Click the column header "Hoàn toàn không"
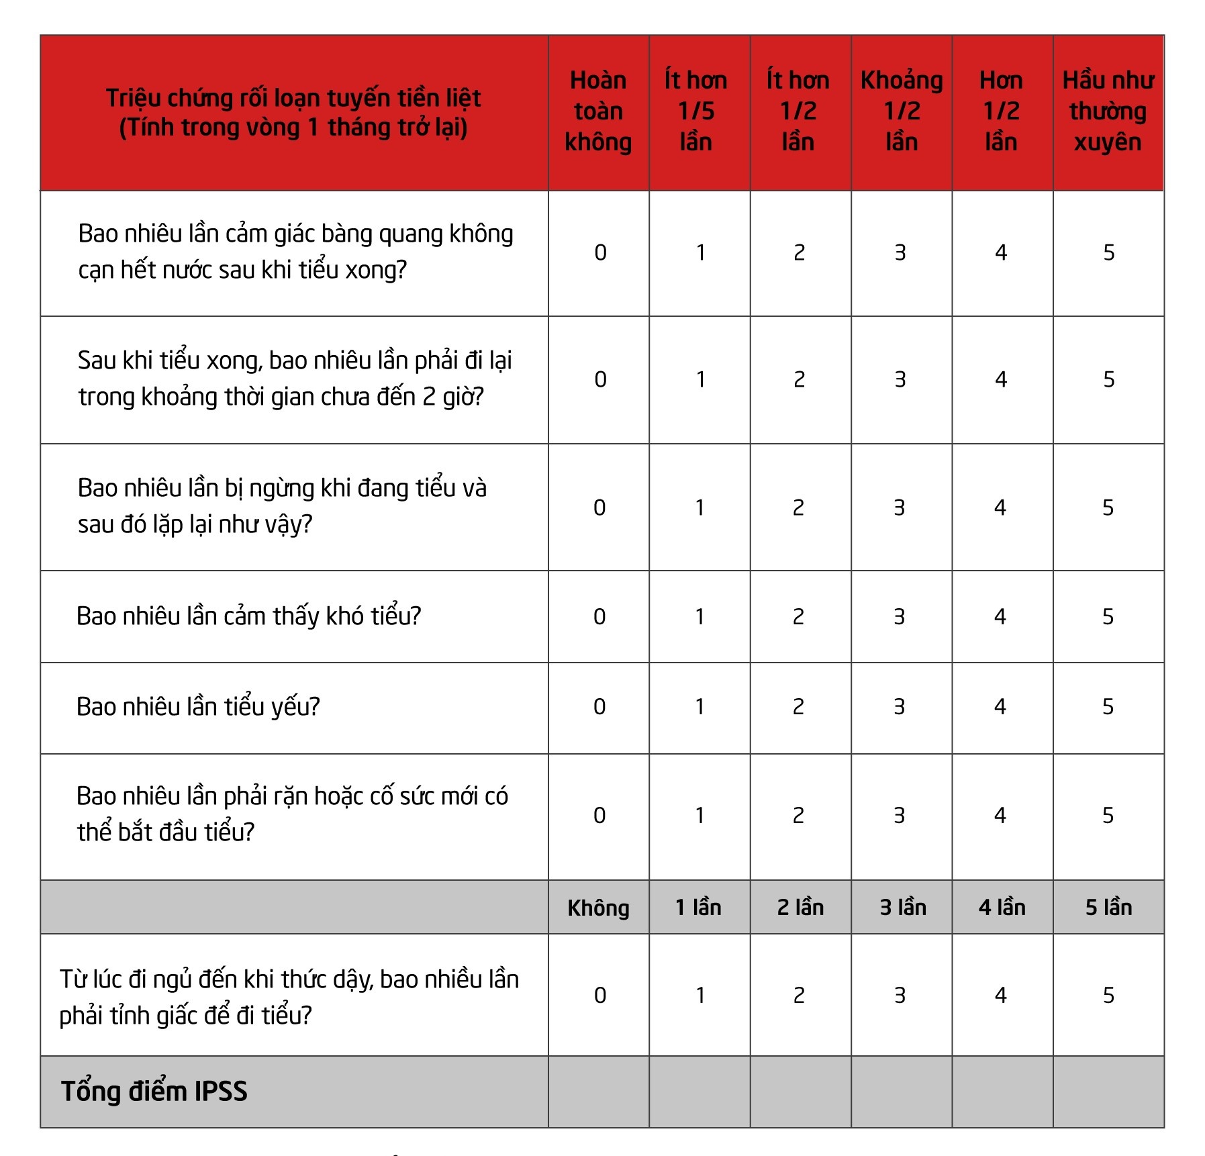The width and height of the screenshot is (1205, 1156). pos(598,111)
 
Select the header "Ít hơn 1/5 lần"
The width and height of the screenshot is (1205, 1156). pos(696,111)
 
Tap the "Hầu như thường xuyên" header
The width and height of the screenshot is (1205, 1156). pos(1108,111)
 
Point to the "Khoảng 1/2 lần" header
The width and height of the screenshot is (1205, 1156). pos(902,111)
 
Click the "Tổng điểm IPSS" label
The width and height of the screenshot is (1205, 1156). pos(154,1092)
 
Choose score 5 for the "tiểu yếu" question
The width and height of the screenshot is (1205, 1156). pos(1108,707)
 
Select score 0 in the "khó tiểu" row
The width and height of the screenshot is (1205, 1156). pos(599,617)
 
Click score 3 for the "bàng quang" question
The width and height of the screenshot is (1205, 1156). pos(900,253)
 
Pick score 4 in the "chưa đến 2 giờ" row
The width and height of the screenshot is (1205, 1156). pos(1001,380)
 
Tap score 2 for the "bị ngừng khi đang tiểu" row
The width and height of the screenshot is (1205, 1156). pos(798,508)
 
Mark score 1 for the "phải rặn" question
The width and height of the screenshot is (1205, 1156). pos(700,816)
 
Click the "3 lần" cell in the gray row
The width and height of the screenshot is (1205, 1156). pos(903,908)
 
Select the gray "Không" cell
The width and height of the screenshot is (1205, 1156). pos(598,908)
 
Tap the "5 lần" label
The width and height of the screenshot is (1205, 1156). pos(1108,908)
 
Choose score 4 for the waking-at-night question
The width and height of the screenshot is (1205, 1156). pos(1001,996)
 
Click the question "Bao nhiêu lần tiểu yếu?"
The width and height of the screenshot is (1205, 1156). pos(198,707)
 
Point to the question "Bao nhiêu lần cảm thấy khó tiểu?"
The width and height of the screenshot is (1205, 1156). pos(248,616)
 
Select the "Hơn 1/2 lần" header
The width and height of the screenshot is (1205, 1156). pos(1001,111)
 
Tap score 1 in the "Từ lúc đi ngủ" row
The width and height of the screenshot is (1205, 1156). pos(700,996)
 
